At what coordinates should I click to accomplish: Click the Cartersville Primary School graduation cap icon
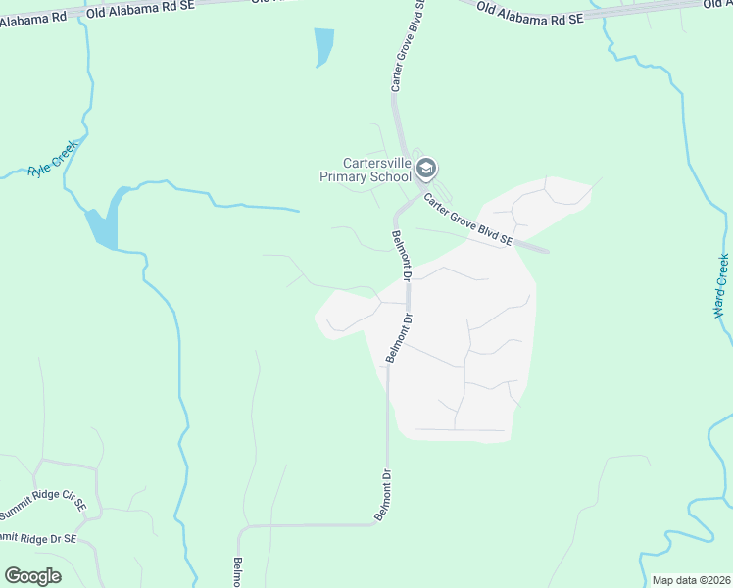point(425,169)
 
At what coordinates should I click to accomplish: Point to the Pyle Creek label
point(53,158)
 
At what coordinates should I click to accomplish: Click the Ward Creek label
point(722,286)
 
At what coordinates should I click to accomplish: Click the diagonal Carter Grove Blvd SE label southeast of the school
point(468,219)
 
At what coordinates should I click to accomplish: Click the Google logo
point(33,576)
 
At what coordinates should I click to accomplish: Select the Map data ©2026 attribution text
point(692,580)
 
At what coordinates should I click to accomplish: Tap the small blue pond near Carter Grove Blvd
point(322,46)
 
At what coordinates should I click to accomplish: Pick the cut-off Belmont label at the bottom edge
point(237,573)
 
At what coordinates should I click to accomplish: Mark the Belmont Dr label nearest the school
point(402,254)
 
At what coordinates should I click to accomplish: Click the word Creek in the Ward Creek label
point(720,272)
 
